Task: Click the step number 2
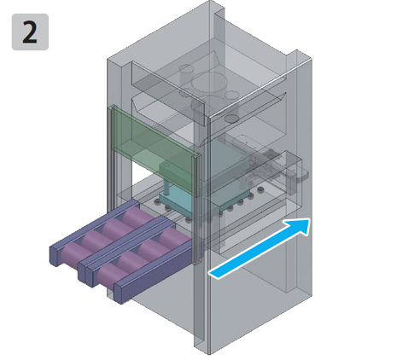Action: point(30,32)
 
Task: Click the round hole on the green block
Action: point(166,165)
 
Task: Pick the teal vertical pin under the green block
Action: point(166,188)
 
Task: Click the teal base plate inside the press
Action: point(177,202)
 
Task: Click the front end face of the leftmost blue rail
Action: point(55,256)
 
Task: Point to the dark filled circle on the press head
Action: point(232,119)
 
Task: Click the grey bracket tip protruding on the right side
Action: point(302,177)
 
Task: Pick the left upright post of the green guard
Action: point(112,156)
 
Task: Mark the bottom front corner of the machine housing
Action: point(209,354)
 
